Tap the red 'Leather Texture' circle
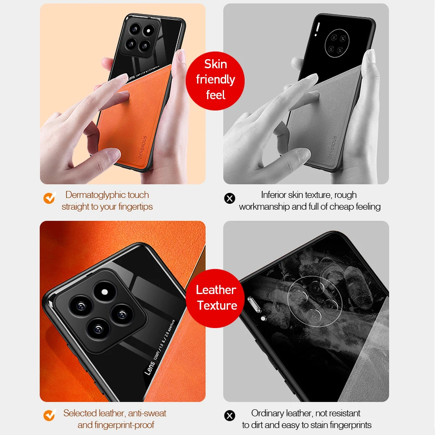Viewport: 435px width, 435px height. pyautogui.click(x=216, y=298)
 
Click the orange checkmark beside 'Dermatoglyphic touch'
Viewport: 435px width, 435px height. pyautogui.click(x=49, y=198)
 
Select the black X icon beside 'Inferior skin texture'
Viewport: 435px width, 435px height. pyautogui.click(x=229, y=199)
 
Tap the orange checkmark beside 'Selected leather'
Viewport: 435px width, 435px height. pyautogui.click(x=49, y=415)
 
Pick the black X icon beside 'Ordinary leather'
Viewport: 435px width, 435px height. pyautogui.click(x=229, y=416)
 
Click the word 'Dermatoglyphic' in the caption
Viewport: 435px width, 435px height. pyautogui.click(x=92, y=195)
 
